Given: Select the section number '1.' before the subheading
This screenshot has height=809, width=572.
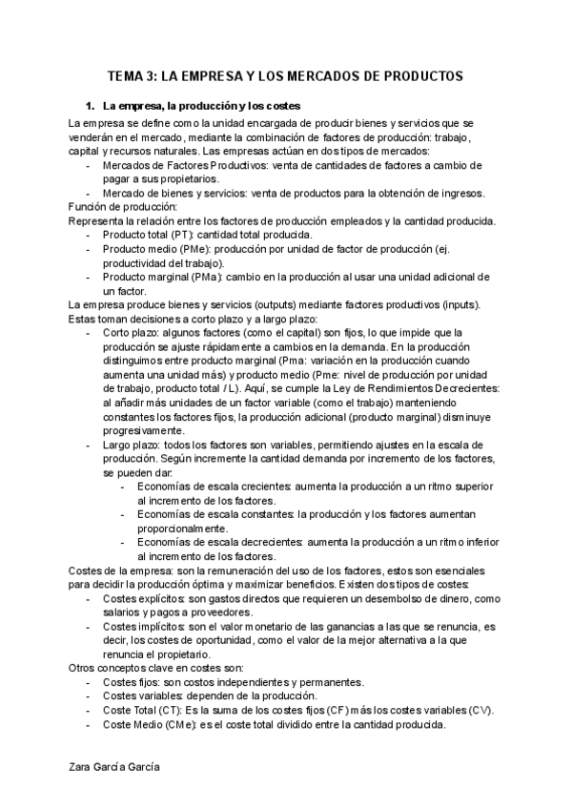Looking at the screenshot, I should tap(91, 105).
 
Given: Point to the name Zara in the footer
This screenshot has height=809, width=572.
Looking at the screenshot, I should tap(84, 765).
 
